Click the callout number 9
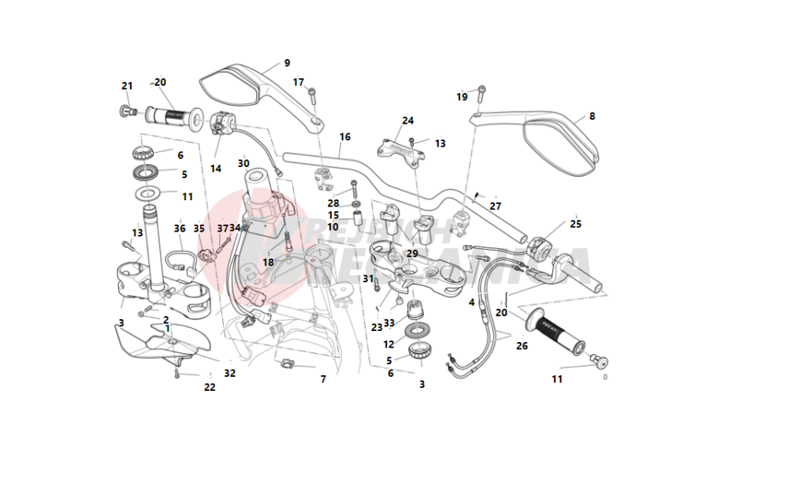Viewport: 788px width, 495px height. coord(287,63)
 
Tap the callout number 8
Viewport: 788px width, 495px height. coord(592,116)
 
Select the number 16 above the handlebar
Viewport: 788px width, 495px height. coord(345,137)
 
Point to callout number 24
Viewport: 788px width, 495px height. coord(407,121)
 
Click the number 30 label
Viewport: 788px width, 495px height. coord(243,163)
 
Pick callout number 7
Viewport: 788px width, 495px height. coord(323,379)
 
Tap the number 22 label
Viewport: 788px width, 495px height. coord(210,387)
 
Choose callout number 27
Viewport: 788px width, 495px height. coord(495,206)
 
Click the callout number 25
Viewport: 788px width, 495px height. coord(575,225)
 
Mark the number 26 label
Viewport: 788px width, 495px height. coord(522,345)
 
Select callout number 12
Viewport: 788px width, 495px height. coord(388,344)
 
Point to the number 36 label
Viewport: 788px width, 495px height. coord(180,229)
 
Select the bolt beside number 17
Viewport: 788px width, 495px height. coord(312,94)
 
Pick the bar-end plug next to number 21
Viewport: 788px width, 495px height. coord(126,110)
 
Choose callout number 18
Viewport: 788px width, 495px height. coord(269,262)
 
